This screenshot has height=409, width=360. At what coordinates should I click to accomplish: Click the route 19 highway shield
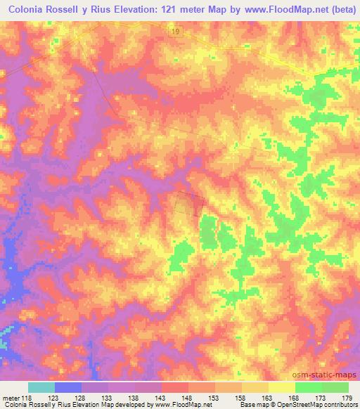174,32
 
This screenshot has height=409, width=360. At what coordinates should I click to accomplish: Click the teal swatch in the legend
41,387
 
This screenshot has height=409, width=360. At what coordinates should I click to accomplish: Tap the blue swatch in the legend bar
68,387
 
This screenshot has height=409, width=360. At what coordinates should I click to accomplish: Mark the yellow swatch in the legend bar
281,387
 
